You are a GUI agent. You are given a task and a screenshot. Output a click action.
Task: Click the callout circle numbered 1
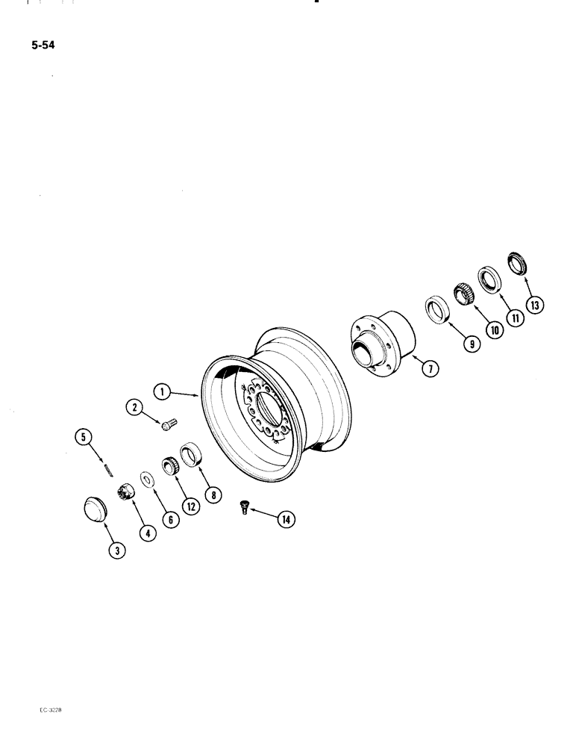(160, 390)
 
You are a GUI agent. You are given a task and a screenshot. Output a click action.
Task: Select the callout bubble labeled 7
(422, 368)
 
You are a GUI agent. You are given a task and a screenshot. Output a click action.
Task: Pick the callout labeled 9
(471, 344)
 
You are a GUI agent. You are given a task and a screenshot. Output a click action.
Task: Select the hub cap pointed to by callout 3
(95, 509)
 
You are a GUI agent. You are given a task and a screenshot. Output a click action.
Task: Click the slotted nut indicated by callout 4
(123, 494)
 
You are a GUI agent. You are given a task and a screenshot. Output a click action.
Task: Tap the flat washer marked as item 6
(145, 479)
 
